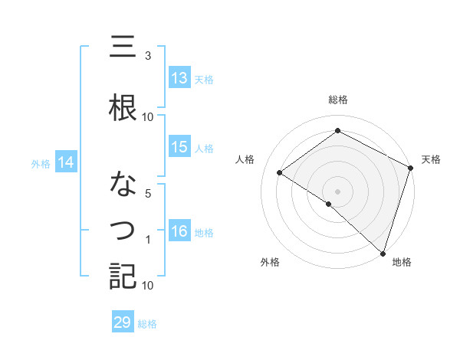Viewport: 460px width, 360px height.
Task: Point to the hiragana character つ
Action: (123, 230)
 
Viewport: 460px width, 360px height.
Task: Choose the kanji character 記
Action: (123, 277)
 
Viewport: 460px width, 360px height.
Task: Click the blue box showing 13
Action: (179, 78)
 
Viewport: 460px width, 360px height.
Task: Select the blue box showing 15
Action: (179, 147)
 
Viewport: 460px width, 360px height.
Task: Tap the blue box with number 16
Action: (179, 231)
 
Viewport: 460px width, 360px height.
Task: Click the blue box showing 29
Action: (123, 323)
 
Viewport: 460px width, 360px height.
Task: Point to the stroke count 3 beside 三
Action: (147, 56)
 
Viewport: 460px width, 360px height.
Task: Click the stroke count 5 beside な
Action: (147, 193)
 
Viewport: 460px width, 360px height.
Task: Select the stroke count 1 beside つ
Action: (147, 240)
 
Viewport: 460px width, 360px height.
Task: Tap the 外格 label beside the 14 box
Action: (40, 163)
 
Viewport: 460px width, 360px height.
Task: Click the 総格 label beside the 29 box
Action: (147, 324)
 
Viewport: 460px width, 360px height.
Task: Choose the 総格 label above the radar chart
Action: (337, 100)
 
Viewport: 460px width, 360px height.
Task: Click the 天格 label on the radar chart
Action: (431, 159)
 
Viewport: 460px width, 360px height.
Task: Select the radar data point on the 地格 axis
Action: (383, 252)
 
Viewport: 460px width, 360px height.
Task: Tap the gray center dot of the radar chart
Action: (337, 190)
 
